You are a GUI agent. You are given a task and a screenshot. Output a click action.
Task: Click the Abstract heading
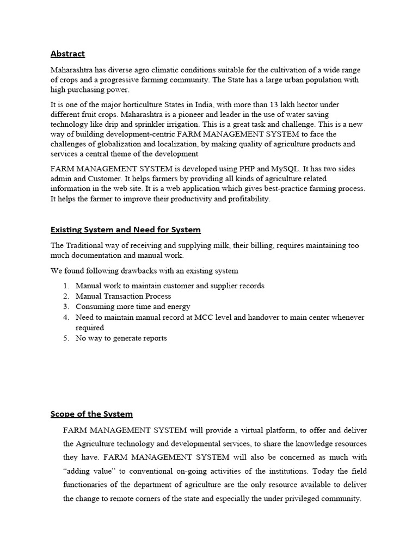pyautogui.click(x=67, y=53)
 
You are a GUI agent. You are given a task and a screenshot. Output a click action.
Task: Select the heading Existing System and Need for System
pyautogui.click(x=125, y=230)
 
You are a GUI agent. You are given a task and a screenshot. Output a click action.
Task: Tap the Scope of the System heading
pyautogui.click(x=91, y=414)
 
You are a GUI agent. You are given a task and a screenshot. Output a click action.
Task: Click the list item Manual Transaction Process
pyautogui.click(x=123, y=296)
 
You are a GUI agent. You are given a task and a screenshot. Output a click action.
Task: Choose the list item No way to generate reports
pyautogui.click(x=121, y=338)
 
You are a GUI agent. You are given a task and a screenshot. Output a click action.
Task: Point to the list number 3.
pyautogui.click(x=65, y=307)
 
